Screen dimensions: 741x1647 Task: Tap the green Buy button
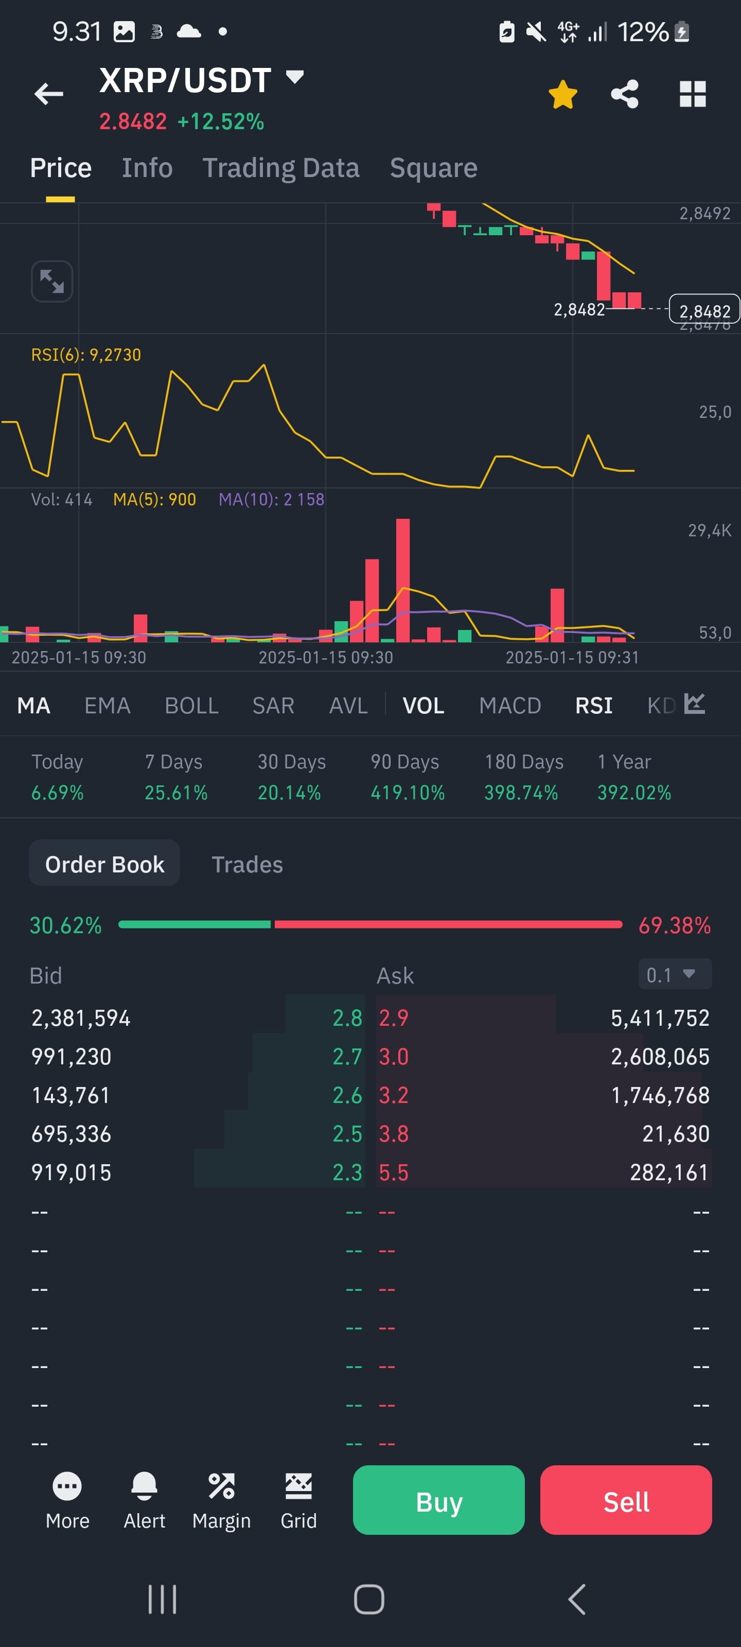pyautogui.click(x=438, y=1500)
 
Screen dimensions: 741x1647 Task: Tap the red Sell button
pyautogui.click(x=626, y=1500)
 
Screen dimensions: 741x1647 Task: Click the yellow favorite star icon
pyautogui.click(x=562, y=95)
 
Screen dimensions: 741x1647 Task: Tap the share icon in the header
pyautogui.click(x=625, y=94)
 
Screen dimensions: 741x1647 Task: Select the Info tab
pyautogui.click(x=147, y=167)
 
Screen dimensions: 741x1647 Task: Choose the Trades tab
pyautogui.click(x=248, y=865)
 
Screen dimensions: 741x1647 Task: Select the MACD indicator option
pyautogui.click(x=510, y=705)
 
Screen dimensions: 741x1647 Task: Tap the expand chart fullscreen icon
pyautogui.click(x=52, y=282)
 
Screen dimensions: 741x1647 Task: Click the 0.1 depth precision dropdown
pyautogui.click(x=675, y=974)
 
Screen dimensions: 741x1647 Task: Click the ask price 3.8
pyautogui.click(x=394, y=1133)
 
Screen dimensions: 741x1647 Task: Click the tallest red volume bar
pyautogui.click(x=403, y=580)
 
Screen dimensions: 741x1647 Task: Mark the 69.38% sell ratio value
pyautogui.click(x=675, y=925)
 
